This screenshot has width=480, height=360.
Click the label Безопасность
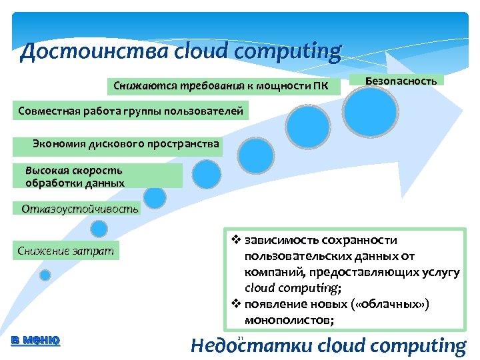coord(401,81)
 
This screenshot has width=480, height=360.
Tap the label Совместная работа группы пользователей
coord(131,111)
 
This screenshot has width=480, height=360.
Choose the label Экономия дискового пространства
coord(125,143)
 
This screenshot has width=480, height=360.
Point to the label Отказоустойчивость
coord(80,209)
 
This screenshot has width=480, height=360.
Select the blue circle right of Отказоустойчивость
coord(155,197)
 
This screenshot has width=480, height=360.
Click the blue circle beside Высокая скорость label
coord(206,173)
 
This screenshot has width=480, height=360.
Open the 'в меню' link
coord(36,340)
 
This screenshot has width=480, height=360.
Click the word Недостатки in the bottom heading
coord(251,346)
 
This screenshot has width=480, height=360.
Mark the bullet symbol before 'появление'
coord(235,304)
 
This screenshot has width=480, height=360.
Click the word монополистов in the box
coord(289,320)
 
